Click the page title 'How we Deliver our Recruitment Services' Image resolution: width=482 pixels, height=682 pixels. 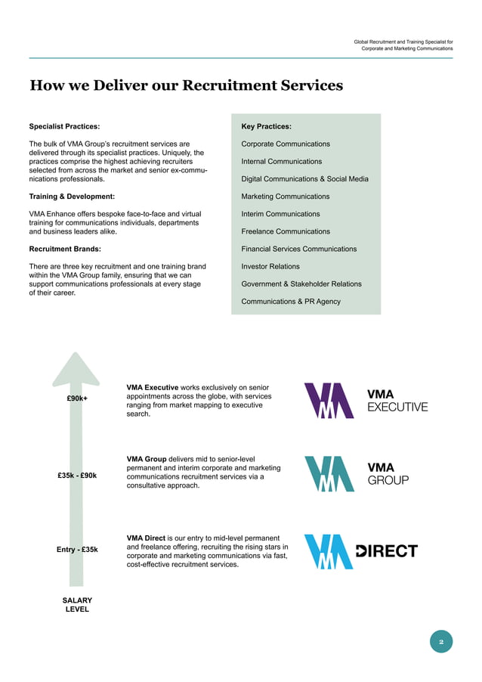coord(186,85)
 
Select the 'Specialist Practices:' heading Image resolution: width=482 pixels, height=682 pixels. coord(64,126)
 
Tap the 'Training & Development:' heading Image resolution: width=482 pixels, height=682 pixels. coord(72,197)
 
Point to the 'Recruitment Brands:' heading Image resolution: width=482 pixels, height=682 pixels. coord(65,249)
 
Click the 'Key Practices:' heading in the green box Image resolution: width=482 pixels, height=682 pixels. coord(266,126)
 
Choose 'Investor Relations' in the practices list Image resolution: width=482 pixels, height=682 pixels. coord(270,266)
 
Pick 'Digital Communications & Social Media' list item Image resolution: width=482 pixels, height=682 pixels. coord(304,179)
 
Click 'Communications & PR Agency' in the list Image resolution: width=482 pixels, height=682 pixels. coord(291,302)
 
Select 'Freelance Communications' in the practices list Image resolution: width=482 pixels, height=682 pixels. coord(286,231)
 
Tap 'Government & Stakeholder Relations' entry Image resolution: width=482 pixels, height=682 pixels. coord(301,284)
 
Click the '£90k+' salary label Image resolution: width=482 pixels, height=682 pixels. coord(77,398)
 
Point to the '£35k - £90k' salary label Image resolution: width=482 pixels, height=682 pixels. coord(77,476)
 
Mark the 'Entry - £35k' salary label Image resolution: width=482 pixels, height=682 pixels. coord(77,550)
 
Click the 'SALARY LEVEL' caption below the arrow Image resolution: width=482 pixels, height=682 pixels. coord(77,605)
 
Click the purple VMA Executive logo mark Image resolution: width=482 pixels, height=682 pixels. coord(329,401)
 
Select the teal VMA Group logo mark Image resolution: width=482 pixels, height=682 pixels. coord(329,474)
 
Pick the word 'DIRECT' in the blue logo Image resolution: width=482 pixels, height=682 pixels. coord(387,551)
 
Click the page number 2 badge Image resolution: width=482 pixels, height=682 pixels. coord(441,642)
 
